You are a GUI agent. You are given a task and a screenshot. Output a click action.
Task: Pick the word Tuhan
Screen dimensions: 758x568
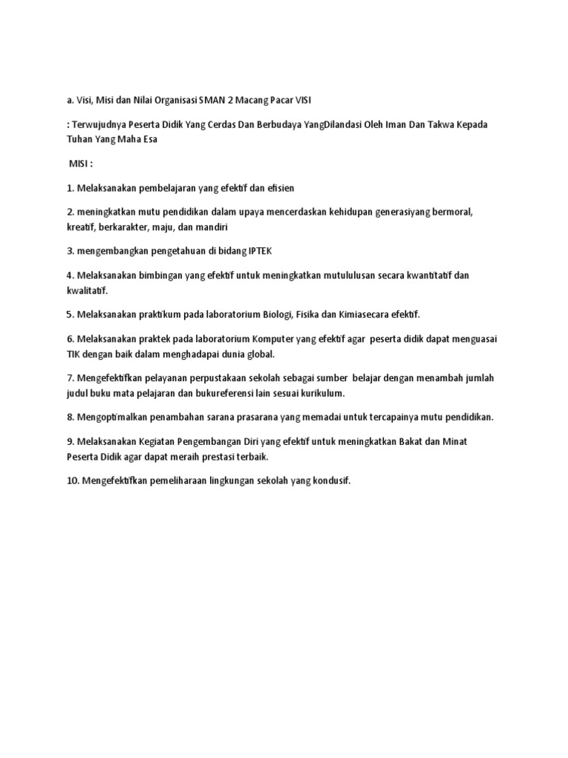click(x=81, y=139)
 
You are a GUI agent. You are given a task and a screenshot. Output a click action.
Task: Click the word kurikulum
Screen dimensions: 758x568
click(x=322, y=392)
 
